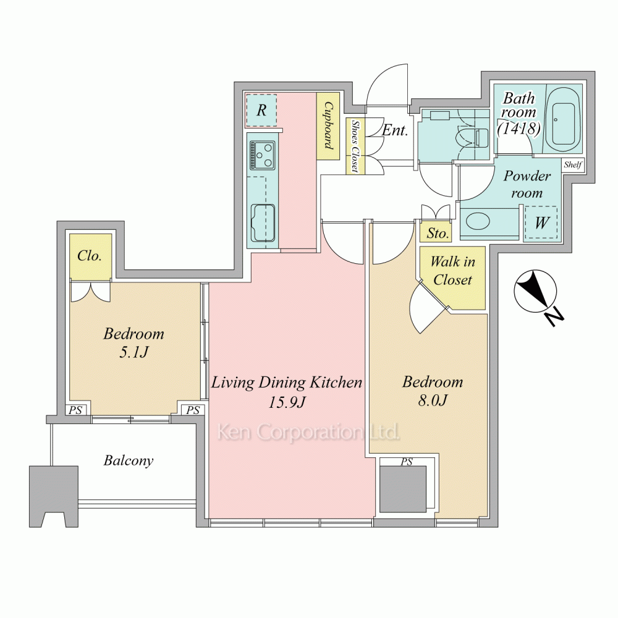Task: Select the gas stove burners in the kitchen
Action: (x=262, y=155)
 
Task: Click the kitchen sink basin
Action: (x=263, y=222)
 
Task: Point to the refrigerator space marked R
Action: (x=261, y=110)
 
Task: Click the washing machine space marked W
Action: (x=541, y=222)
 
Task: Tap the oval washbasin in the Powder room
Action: (x=478, y=221)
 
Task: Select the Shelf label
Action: (x=572, y=165)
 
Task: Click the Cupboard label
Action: (x=328, y=125)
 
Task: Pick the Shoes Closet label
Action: (x=355, y=146)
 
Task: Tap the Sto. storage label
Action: (x=438, y=233)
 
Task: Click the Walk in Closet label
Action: (x=452, y=271)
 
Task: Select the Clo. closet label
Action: (x=90, y=256)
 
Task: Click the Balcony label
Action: (x=129, y=460)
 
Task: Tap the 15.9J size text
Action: (x=287, y=402)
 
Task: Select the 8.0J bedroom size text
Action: (x=433, y=400)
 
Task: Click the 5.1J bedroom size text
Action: (x=133, y=352)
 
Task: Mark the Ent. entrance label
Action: (x=394, y=130)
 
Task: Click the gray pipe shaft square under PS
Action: (x=403, y=489)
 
